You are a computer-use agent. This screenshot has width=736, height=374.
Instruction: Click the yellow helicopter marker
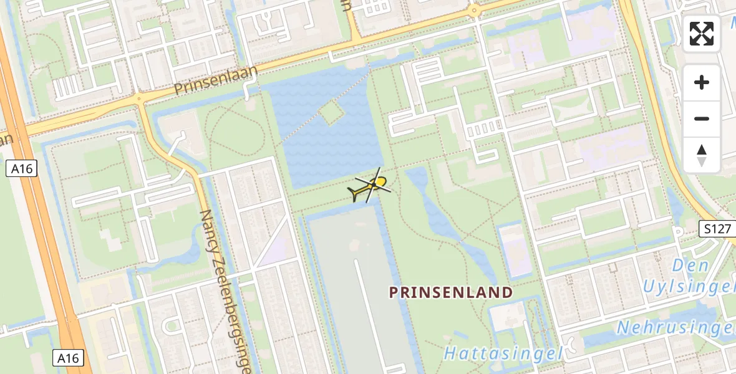(372, 186)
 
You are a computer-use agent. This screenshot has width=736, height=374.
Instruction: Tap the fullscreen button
(702, 34)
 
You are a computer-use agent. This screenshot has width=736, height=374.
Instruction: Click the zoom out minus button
(702, 118)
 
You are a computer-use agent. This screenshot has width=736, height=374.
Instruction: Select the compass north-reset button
(702, 155)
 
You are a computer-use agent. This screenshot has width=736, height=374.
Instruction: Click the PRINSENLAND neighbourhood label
(451, 292)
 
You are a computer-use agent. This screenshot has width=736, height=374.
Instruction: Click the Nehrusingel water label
(675, 327)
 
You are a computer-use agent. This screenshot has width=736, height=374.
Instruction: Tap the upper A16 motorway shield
(23, 168)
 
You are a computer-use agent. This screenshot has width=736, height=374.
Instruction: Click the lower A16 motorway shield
(67, 358)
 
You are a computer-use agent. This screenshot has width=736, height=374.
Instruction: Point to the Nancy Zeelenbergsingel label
(225, 292)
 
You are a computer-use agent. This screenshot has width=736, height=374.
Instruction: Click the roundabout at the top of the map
(475, 11)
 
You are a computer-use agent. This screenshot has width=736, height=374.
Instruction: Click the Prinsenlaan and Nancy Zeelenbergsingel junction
(139, 99)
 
